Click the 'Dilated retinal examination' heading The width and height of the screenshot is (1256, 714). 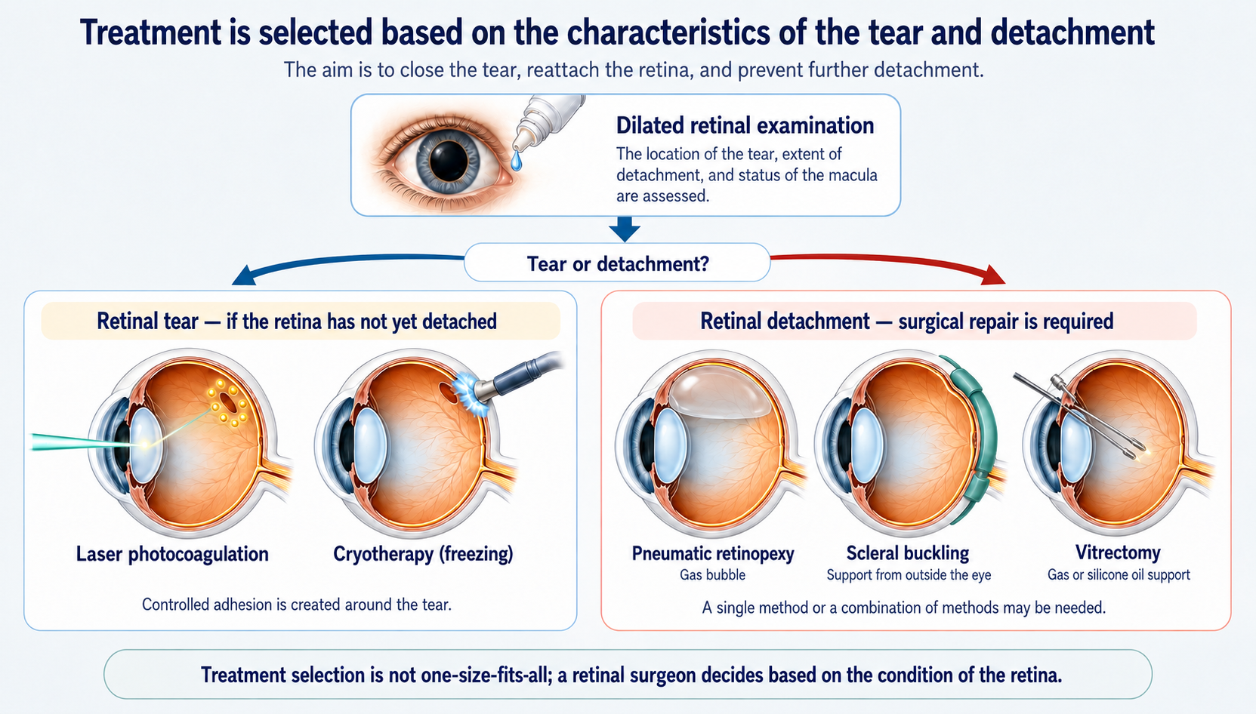pos(745,125)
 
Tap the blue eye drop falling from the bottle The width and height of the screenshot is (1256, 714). pos(517,162)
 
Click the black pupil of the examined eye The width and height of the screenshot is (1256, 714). pos(449,161)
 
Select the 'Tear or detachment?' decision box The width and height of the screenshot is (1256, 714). pos(617,263)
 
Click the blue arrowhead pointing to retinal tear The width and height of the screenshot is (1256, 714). pos(245,275)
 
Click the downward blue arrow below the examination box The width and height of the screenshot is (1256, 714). pos(625,229)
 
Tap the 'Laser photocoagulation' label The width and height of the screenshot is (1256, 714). pos(172,554)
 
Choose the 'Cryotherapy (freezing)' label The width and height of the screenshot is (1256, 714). pos(424,554)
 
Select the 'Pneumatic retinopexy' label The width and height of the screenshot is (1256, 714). pos(713,554)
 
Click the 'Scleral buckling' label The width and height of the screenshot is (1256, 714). pos(908,553)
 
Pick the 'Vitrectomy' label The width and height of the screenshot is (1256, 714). pos(1118,552)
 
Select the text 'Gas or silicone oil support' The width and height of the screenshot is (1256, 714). pos(1119,575)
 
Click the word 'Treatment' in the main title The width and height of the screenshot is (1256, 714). pos(150,32)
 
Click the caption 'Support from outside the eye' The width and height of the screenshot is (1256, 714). pos(909,575)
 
